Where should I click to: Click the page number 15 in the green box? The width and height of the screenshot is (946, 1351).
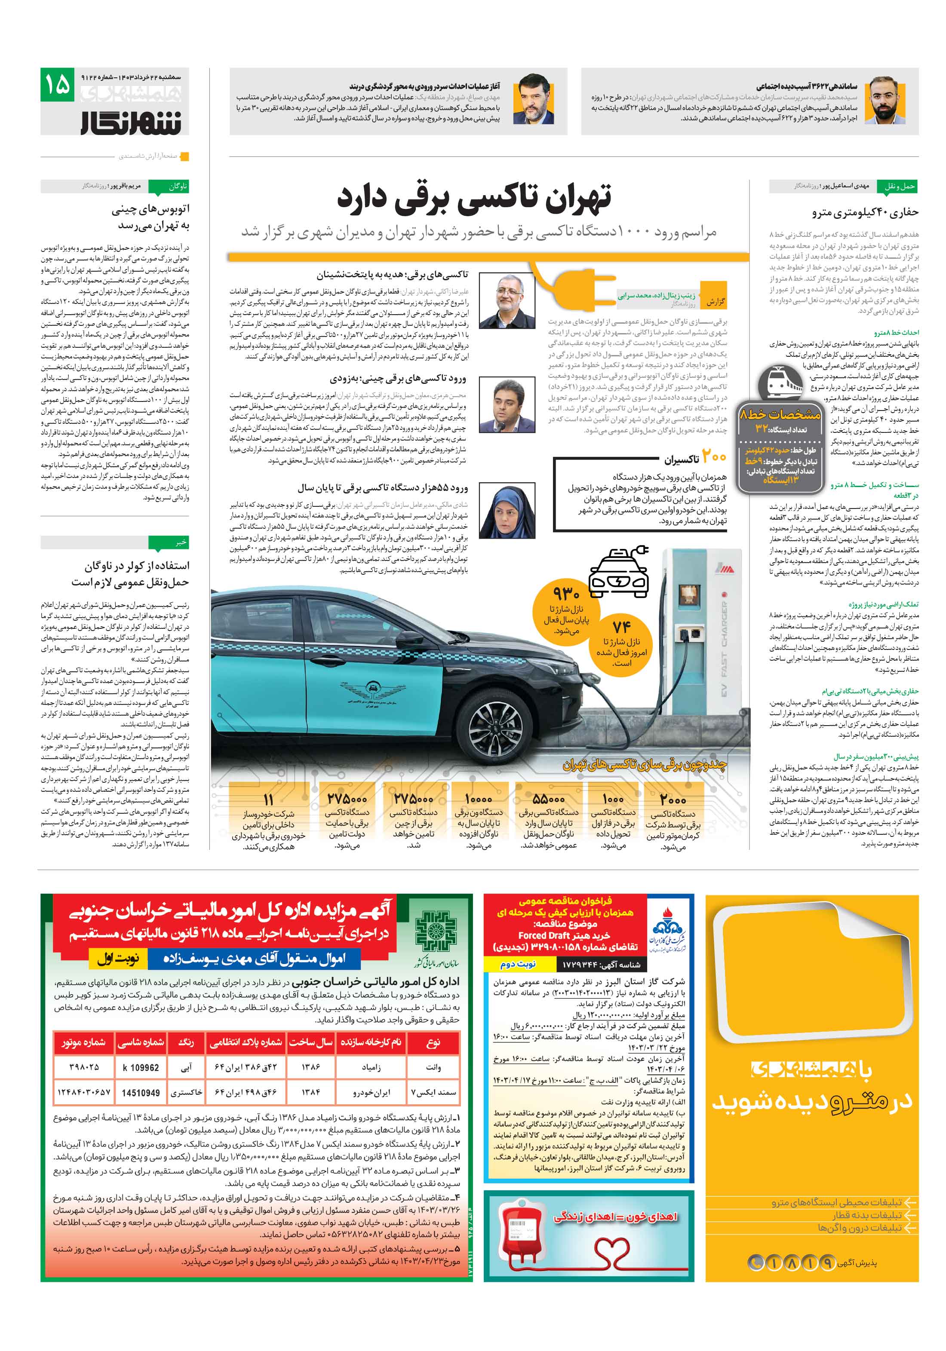pos(57,85)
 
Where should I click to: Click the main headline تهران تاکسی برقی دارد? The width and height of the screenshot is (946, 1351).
pos(474,198)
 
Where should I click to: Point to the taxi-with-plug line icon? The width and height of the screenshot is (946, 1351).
pos(618,571)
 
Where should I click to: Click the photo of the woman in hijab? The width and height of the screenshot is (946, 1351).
pos(507,511)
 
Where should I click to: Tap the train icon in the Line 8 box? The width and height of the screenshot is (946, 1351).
pos(780,384)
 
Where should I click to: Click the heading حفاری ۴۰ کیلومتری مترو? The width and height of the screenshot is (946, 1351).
pos(865,212)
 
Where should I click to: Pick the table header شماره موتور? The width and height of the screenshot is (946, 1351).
pos(83,1042)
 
